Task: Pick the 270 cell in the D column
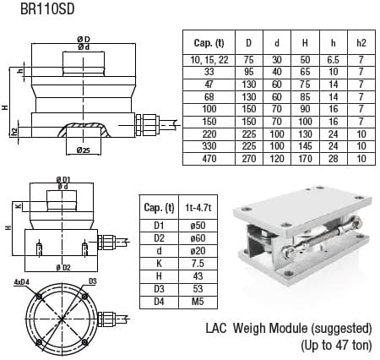tap(247, 158)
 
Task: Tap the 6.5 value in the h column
tap(333, 59)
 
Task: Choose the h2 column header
tap(361, 41)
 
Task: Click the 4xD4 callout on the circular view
tap(22, 280)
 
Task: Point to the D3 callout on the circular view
tap(93, 280)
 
